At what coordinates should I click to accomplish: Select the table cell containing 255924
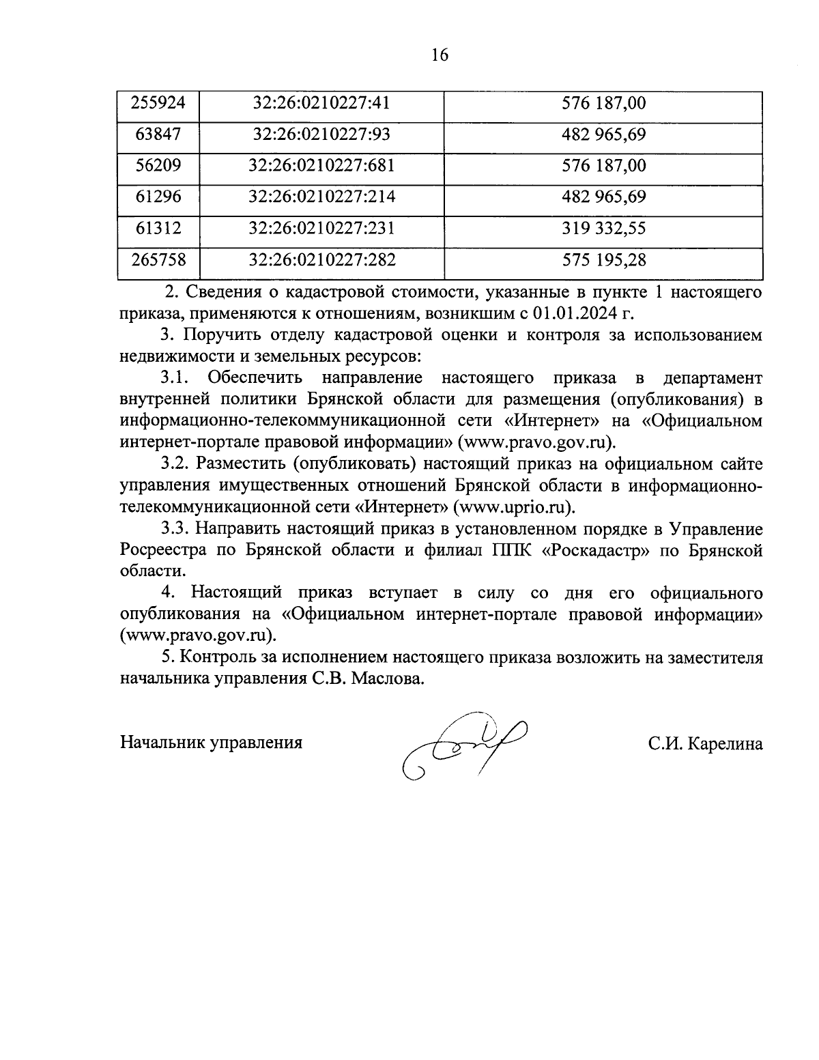(158, 104)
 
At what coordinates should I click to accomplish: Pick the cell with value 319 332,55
(603, 228)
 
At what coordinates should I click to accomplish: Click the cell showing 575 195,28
(603, 260)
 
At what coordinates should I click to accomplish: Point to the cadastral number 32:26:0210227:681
(322, 166)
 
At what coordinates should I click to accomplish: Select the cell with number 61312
(158, 228)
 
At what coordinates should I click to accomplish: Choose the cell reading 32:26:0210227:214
(322, 197)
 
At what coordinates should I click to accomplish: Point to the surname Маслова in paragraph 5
(390, 679)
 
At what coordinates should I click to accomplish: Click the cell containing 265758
(158, 260)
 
